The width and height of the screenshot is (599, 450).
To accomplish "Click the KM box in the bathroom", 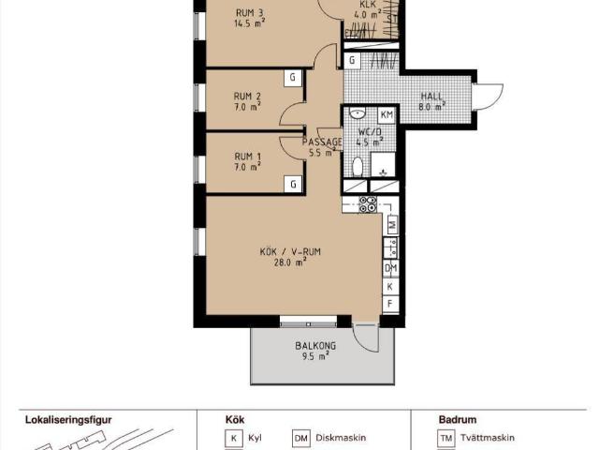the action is pos(387,114).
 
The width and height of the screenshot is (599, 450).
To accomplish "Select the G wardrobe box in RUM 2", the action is pos(293,78).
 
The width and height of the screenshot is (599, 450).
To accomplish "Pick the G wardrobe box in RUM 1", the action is pos(293,185).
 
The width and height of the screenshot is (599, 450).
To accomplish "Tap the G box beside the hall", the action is pos(352,60).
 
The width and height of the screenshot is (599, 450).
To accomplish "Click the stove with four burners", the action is pos(368,204).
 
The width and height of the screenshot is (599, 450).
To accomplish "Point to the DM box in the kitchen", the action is pos(391,268).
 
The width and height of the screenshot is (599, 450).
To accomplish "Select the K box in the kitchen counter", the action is pos(390,286).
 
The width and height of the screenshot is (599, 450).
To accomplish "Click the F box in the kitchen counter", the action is pos(390,304).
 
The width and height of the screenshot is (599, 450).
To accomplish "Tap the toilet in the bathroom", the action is pos(358,167).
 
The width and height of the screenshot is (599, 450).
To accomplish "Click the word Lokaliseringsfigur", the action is pos(68,420).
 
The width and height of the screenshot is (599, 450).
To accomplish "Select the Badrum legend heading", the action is pos(458,420).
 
